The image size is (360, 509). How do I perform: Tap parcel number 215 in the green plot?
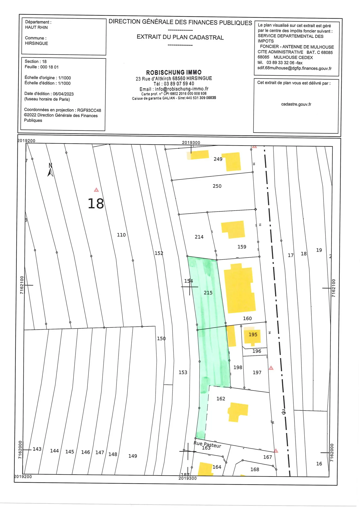coord(208,293)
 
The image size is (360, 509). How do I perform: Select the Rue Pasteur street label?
coord(207,444)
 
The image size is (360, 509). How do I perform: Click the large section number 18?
coord(96,204)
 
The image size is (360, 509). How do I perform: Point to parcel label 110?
coord(121,235)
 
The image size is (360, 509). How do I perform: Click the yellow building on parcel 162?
coord(237,412)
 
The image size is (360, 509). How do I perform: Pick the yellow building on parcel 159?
coord(233,229)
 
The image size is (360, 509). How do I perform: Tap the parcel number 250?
coord(217,186)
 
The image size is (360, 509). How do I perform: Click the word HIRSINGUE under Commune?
coord(37,43)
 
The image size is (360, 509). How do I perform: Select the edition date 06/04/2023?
coord(63,94)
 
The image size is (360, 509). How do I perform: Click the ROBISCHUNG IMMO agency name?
coord(174,72)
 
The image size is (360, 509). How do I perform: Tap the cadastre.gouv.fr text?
coord(296,104)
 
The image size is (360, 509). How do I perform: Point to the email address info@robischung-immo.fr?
coord(182,89)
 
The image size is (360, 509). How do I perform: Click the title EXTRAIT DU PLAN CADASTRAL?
coord(180,37)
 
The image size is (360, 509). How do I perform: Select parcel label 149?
coord(133,456)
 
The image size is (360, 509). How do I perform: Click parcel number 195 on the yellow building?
coord(253,335)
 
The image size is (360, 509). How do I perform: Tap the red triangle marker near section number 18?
coord(96,190)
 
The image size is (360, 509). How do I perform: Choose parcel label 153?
coord(183,372)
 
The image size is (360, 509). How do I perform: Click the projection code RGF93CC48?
coord(89,110)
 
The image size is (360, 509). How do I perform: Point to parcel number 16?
coord(319,464)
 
